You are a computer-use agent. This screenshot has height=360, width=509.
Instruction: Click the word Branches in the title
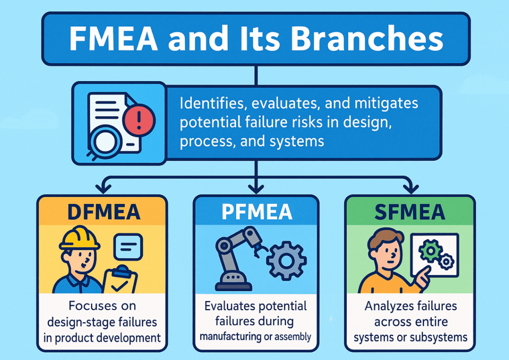(x=367, y=39)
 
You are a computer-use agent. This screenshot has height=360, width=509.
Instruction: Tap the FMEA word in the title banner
(x=114, y=39)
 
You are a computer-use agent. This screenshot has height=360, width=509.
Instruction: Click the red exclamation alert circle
(x=139, y=120)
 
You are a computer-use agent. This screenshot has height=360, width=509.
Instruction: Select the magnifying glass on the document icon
(x=103, y=143)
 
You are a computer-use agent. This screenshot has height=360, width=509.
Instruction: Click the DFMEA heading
(x=104, y=212)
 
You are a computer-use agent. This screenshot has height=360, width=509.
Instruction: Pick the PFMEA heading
(x=256, y=212)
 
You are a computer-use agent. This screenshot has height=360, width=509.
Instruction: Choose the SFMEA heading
(x=410, y=212)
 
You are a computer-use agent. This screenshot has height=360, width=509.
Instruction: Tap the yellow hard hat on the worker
(x=79, y=238)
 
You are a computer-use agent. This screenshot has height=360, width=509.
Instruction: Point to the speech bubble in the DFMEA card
(x=128, y=247)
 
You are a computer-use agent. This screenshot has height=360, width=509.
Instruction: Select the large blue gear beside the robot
(x=287, y=261)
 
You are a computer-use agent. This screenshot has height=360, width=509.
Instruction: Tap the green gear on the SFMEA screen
(x=430, y=251)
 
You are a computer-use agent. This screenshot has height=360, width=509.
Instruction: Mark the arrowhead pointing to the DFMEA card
(x=104, y=188)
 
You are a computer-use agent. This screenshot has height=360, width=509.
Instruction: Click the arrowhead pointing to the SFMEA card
(x=410, y=188)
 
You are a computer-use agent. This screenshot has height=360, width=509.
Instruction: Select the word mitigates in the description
(x=386, y=104)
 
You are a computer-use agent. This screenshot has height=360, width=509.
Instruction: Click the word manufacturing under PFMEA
(x=230, y=337)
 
